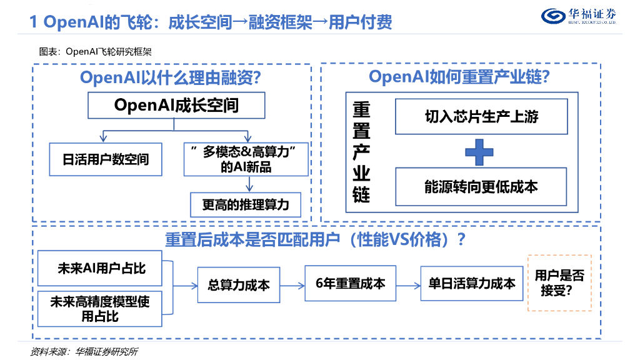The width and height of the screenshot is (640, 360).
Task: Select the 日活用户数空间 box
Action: coord(106,159)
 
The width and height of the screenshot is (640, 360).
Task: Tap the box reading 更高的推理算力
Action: coord(246,204)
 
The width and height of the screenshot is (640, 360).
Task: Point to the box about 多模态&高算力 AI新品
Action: coord(246,159)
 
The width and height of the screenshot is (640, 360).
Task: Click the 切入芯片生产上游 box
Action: coord(481,116)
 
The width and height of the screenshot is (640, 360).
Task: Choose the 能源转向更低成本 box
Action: coord(481,186)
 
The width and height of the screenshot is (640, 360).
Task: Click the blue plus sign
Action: coord(480,151)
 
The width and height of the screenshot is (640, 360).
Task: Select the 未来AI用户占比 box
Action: coord(101,268)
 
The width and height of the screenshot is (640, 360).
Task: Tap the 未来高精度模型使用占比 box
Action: coord(101,309)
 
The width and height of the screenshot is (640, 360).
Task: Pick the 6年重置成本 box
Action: coord(350,283)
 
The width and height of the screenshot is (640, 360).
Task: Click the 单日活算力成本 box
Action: coord(472,283)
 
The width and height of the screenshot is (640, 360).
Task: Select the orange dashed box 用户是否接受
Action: coord(559,282)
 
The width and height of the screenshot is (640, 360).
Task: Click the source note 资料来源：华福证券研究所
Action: coord(84,351)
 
